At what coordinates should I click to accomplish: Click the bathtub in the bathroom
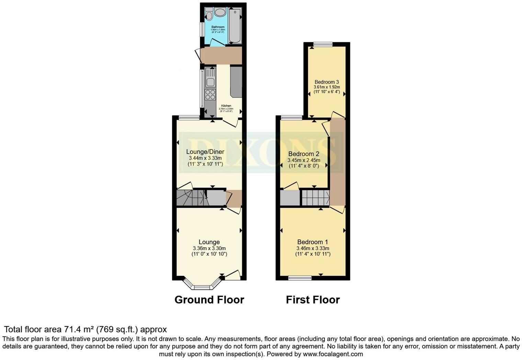tap(235, 25)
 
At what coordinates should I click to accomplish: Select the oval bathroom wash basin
tap(220, 13)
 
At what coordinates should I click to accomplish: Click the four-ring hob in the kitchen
tap(210, 94)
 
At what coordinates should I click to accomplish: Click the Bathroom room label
tap(218, 27)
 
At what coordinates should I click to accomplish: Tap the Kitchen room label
tap(226, 106)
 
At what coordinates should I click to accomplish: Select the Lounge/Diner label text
tap(205, 152)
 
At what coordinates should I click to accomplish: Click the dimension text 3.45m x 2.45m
tap(304, 160)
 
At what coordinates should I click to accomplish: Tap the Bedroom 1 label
tap(313, 242)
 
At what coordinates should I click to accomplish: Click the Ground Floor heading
tap(209, 300)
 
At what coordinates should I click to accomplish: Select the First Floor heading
tap(313, 300)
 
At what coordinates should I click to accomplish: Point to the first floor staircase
tap(316, 198)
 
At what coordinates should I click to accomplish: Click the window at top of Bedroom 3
tap(323, 44)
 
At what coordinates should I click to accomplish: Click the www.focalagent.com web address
tap(332, 354)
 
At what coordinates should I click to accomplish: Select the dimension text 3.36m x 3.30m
tap(209, 248)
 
